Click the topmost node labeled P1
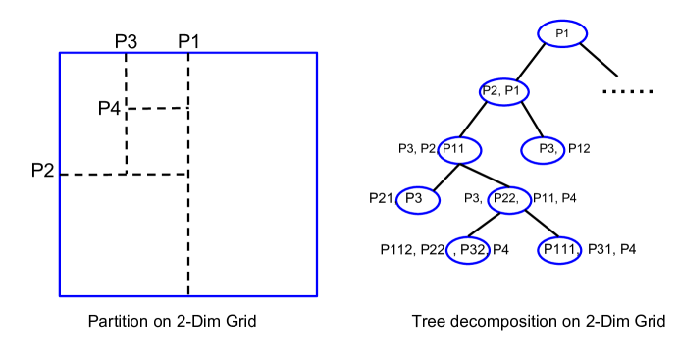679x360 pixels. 562,34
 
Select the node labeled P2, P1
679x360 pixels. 504,92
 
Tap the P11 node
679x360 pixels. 459,150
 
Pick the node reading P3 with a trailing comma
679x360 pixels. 545,150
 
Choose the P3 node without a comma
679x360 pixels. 417,200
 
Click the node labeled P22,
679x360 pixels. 509,200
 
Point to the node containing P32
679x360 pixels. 468,250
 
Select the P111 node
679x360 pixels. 560,250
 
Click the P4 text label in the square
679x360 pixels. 109,109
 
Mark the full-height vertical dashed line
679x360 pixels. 188,235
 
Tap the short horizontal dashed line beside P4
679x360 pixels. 157,108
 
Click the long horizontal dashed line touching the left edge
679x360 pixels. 93,174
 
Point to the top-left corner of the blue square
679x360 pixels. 60,53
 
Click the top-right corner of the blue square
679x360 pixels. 317,53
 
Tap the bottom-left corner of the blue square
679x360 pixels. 60,295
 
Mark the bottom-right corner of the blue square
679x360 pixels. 317,295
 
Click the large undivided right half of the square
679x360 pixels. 253,175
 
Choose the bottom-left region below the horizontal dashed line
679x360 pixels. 124,235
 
